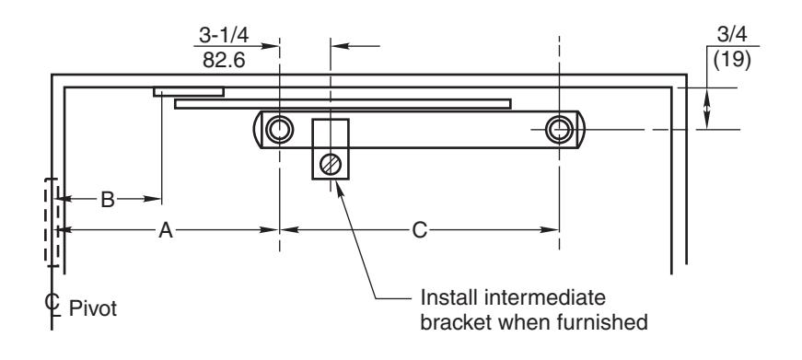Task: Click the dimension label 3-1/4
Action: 224,35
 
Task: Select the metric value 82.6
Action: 224,61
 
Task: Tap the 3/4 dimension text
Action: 732,34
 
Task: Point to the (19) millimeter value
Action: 732,61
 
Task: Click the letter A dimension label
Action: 166,230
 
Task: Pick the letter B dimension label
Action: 108,200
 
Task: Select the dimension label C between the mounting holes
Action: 419,230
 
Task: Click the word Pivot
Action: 93,308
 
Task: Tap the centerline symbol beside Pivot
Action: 52,304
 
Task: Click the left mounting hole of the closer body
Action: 279,130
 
